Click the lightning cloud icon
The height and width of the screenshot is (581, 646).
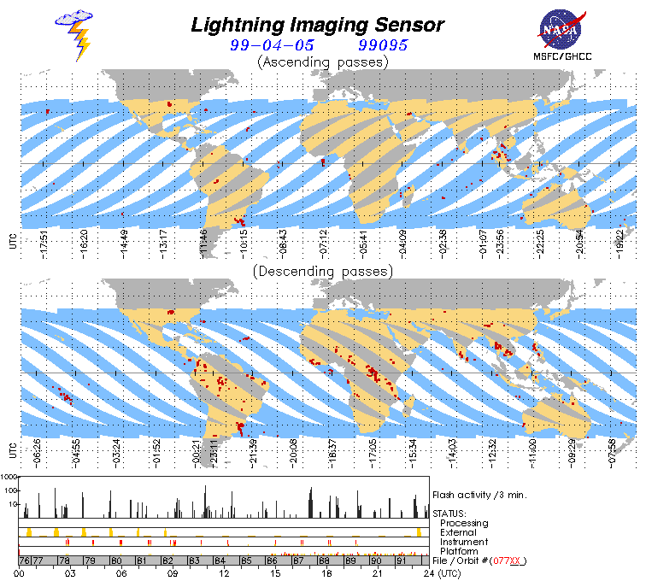pyautogui.click(x=76, y=34)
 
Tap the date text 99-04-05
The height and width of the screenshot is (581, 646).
pyautogui.click(x=270, y=45)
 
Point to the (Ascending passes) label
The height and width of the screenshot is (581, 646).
pyautogui.click(x=322, y=62)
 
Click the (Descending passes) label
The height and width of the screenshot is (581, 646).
pyautogui.click(x=322, y=272)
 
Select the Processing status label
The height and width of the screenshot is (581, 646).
pyautogui.click(x=464, y=522)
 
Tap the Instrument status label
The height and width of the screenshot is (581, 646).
pyautogui.click(x=464, y=542)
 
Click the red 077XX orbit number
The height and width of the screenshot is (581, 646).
pyautogui.click(x=505, y=560)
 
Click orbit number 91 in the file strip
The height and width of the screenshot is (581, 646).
pyautogui.click(x=401, y=560)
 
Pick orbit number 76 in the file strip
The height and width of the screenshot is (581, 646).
pyautogui.click(x=26, y=560)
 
